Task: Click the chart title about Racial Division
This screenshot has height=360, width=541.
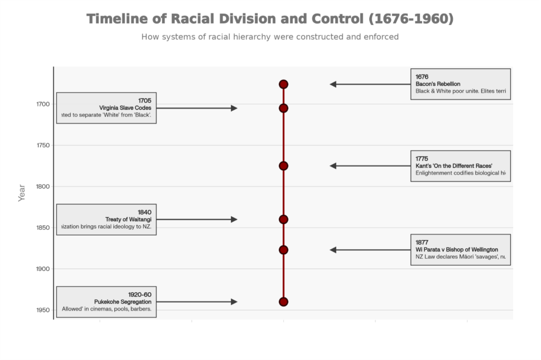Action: tap(270, 19)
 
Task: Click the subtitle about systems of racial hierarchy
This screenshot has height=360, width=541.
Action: tap(270, 37)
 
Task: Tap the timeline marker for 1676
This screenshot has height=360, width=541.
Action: tap(283, 84)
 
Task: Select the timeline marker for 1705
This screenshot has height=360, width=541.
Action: tap(283, 108)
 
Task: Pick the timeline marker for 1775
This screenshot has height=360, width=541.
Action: tap(283, 166)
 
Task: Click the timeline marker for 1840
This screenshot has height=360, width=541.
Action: tap(283, 220)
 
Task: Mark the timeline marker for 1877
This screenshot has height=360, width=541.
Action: tap(283, 250)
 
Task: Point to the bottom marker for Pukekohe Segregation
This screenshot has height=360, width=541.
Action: tap(283, 301)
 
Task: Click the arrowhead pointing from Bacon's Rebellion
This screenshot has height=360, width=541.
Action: tap(333, 84)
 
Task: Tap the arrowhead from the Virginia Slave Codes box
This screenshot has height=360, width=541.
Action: tap(234, 108)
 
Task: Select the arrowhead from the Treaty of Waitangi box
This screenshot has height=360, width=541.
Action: tap(234, 220)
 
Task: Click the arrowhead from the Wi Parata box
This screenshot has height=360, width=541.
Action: tap(333, 250)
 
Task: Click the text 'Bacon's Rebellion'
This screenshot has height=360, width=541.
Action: tap(437, 84)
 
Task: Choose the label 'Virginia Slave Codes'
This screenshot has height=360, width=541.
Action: tap(125, 108)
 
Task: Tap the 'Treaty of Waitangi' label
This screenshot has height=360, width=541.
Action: tap(128, 220)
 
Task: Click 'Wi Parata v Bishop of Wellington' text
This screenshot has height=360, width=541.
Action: tap(456, 250)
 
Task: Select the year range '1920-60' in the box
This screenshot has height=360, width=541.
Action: tap(139, 295)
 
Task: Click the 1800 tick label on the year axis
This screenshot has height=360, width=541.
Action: tap(43, 187)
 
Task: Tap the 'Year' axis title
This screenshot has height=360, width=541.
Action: tap(22, 192)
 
